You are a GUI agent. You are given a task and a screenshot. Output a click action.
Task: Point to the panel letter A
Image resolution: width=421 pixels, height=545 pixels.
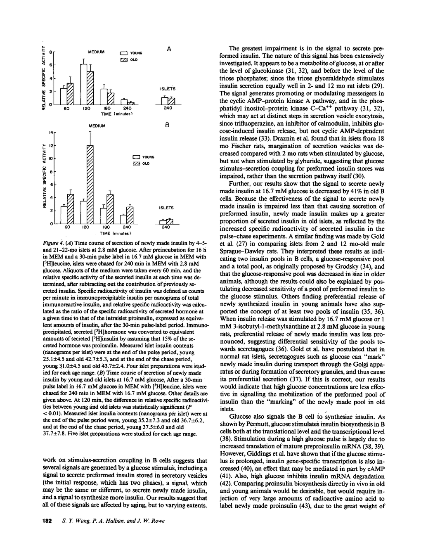(169, 49)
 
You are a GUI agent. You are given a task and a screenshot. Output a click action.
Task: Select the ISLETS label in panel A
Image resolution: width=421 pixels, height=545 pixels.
(167, 88)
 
